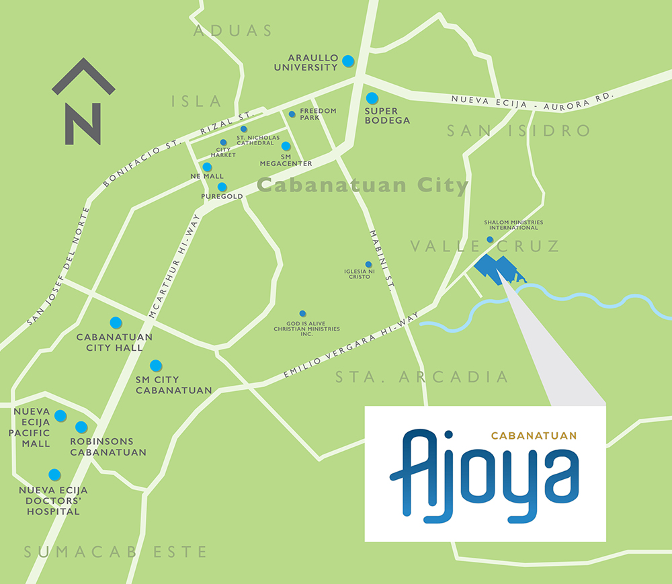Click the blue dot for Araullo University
[348, 61]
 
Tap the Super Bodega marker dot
[372, 98]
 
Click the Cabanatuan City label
[362, 185]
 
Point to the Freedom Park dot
[292, 114]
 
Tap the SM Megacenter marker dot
[286, 146]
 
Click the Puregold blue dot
[222, 187]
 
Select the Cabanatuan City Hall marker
[116, 323]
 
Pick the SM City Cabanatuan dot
[156, 366]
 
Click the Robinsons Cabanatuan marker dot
[81, 427]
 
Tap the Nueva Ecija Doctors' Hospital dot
[54, 474]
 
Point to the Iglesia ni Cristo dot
[368, 264]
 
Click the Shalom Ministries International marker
[490, 239]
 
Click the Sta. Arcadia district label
[422, 377]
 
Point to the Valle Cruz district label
[485, 247]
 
